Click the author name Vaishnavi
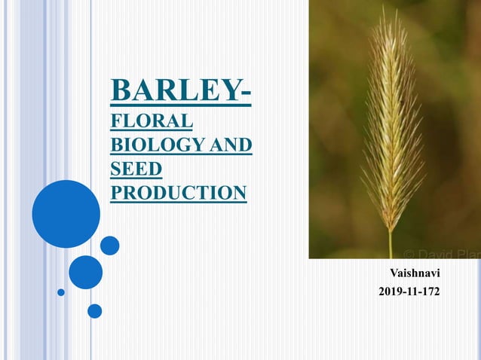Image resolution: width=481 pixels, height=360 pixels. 415,271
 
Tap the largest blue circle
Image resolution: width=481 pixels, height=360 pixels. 66,214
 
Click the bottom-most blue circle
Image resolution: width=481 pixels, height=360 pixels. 94,310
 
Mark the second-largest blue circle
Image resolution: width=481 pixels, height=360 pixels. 85,272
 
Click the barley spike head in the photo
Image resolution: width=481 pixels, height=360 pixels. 392,128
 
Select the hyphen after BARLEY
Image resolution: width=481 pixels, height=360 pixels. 247,93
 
